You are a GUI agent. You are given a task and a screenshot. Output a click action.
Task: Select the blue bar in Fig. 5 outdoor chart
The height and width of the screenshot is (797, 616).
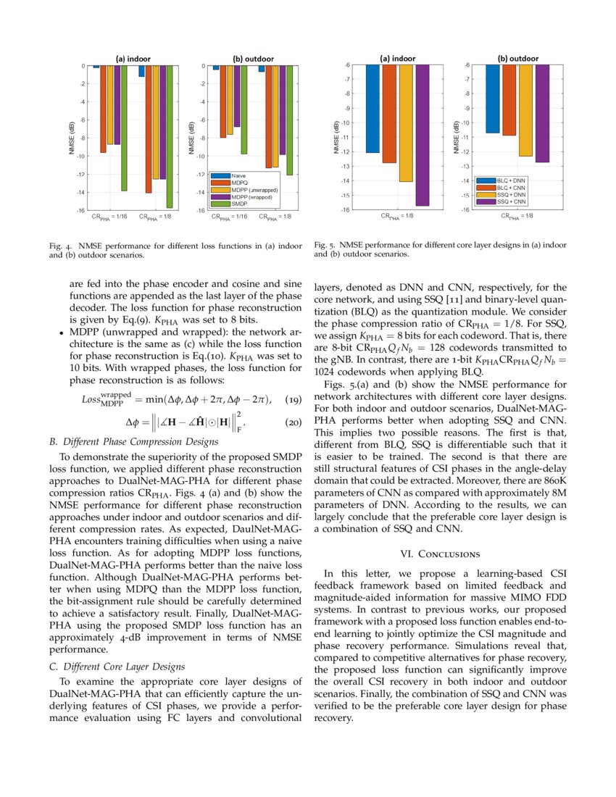coord(492,99)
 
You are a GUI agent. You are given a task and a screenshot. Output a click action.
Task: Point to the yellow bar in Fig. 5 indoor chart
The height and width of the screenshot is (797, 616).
coord(406,122)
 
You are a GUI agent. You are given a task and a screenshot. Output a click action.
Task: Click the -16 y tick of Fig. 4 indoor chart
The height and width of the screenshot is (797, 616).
coord(82,210)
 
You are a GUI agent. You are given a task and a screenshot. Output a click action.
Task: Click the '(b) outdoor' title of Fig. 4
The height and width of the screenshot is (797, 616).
coord(249,59)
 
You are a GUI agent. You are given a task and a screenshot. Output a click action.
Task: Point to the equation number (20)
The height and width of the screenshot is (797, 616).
coord(291,422)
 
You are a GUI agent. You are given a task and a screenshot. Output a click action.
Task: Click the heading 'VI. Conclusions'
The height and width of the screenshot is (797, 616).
coord(440,554)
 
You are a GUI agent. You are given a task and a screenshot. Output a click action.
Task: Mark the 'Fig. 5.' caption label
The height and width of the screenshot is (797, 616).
coord(324,246)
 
